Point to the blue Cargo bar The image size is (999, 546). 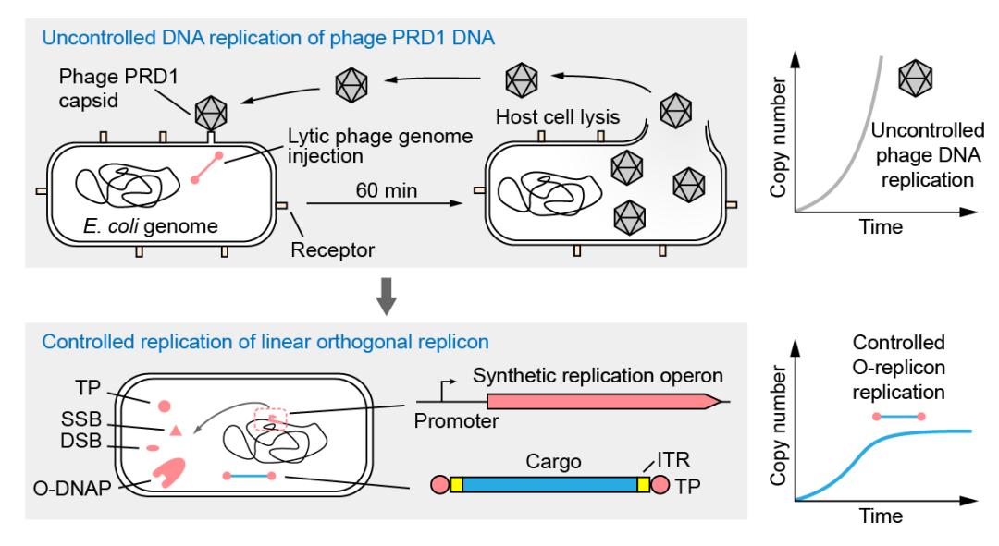coord(549,483)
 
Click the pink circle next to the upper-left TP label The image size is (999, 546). coord(164,404)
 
